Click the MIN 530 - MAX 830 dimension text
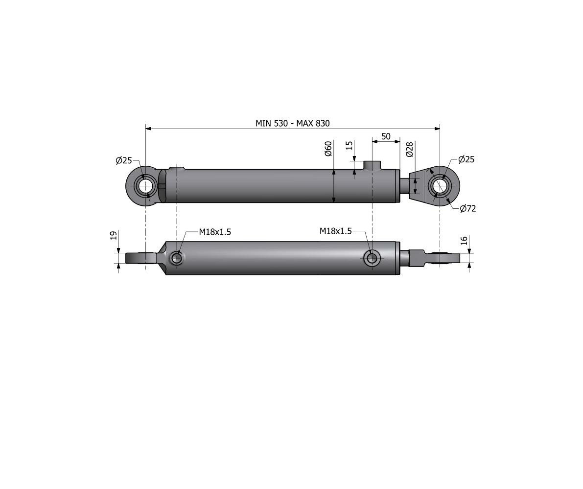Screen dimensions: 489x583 click(x=293, y=123)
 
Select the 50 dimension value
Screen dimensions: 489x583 click(x=386, y=136)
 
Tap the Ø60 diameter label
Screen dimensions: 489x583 click(x=328, y=148)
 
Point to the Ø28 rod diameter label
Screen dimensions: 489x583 click(x=410, y=149)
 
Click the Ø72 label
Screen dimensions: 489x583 click(x=468, y=209)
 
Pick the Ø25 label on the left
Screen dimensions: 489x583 click(x=124, y=160)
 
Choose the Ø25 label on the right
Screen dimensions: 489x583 click(x=466, y=159)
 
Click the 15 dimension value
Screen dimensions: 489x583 click(x=349, y=146)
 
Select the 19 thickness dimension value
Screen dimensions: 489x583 click(x=113, y=236)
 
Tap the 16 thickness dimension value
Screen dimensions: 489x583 click(x=464, y=240)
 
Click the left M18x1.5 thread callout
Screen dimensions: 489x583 click(x=214, y=232)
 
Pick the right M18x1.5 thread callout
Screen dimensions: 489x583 click(x=335, y=231)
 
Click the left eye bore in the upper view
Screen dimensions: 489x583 click(x=146, y=187)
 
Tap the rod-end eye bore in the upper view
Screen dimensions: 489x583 click(x=440, y=186)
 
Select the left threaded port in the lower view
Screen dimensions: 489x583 click(x=177, y=258)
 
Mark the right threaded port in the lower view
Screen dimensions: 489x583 click(x=372, y=258)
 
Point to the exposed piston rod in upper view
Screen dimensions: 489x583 click(x=404, y=186)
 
